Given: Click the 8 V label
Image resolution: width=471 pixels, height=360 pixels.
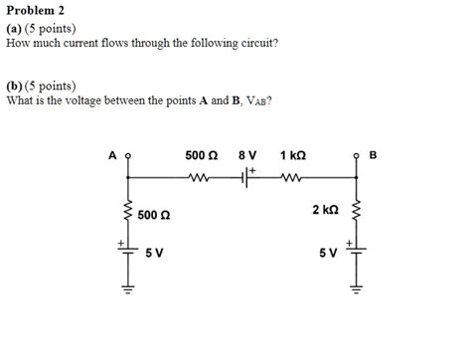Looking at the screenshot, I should coord(247,156).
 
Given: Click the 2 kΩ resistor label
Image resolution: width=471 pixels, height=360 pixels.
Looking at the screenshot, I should coord(325,210).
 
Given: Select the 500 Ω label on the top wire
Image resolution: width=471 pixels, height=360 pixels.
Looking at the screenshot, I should coord(202,156).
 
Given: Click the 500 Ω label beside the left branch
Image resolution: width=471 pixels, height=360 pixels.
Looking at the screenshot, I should coord(154,214).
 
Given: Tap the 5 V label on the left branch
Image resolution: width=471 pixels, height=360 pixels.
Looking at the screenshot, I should coord(154,253).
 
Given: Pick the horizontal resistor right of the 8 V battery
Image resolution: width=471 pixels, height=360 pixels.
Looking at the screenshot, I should coord(292,179).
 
